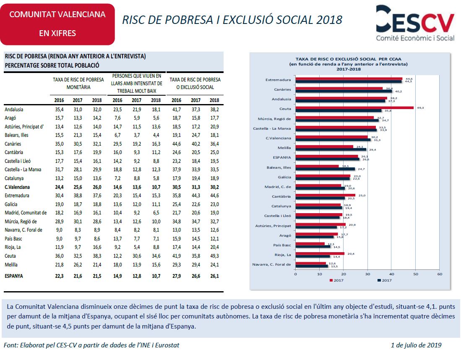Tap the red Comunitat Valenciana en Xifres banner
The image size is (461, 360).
(x=57, y=24)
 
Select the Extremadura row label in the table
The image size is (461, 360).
(x=17, y=196)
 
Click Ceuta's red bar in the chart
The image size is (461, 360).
(x=355, y=107)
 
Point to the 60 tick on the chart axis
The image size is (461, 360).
(x=439, y=274)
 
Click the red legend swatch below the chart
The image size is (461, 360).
(x=331, y=280)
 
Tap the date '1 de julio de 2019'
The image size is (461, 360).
(x=416, y=345)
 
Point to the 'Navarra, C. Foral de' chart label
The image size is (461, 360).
(x=272, y=264)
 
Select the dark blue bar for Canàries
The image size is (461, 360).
(x=344, y=91)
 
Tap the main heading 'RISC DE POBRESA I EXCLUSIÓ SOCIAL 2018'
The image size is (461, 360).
(x=232, y=20)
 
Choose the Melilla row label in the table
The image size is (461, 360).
(x=12, y=265)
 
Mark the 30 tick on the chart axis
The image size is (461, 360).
(x=367, y=274)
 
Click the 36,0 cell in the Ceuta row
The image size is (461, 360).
(x=59, y=256)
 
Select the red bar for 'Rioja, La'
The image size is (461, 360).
(x=320, y=253)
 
